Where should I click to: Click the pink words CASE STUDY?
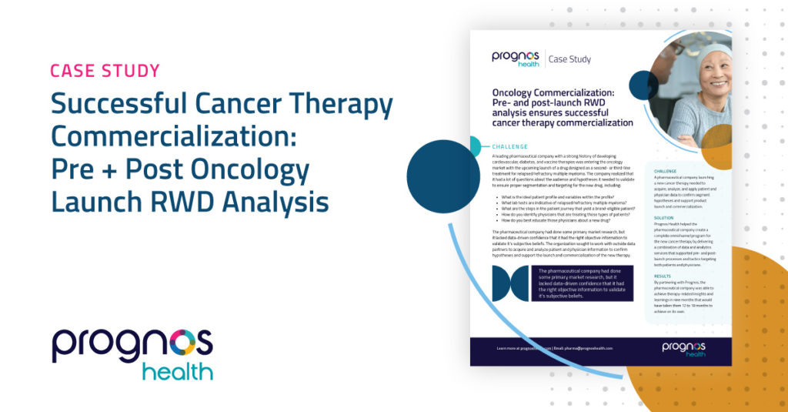(105, 72)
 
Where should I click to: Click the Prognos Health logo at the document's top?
(516, 59)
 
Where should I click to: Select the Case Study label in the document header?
(574, 59)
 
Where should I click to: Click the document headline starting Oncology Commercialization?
(563, 107)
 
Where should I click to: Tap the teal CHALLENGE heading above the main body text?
(509, 146)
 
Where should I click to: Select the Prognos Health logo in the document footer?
(683, 350)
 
